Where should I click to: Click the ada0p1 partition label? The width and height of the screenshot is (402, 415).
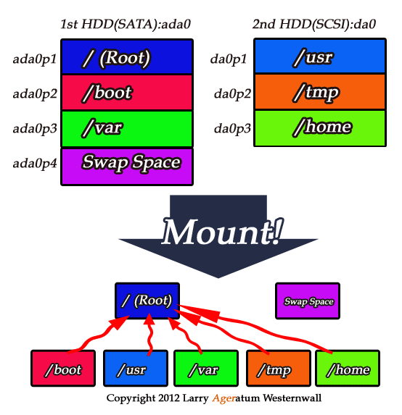click(x=35, y=59)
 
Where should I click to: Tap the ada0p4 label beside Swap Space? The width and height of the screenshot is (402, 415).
click(x=35, y=164)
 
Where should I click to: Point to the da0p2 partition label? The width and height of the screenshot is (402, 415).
click(x=232, y=94)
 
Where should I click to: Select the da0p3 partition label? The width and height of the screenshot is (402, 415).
click(x=232, y=129)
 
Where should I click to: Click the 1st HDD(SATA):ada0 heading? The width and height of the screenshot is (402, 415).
click(x=126, y=24)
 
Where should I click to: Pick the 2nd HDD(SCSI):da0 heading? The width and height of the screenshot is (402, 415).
click(x=314, y=24)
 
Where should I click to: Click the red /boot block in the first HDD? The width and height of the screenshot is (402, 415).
click(x=127, y=92)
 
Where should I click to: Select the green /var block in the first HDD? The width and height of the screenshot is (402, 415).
click(x=127, y=129)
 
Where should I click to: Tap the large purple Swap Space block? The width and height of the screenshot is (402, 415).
click(x=127, y=167)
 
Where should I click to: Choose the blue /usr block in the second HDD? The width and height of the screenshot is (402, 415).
click(x=320, y=56)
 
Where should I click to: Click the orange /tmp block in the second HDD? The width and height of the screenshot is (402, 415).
click(x=320, y=91)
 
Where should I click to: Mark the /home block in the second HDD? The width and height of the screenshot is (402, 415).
click(x=320, y=128)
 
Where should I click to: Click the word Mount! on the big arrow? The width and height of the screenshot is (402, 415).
click(x=222, y=232)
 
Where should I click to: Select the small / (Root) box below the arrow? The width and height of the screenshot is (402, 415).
click(x=147, y=301)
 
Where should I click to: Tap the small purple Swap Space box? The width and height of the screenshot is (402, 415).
click(x=308, y=301)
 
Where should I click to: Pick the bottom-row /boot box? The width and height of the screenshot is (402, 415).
click(x=63, y=369)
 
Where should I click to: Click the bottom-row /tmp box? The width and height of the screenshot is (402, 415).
click(x=279, y=369)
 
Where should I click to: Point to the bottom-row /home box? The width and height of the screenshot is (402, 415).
click(x=348, y=369)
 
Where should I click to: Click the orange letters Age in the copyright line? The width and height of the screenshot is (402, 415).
click(x=223, y=398)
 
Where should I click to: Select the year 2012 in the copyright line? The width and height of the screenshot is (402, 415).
click(x=169, y=398)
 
